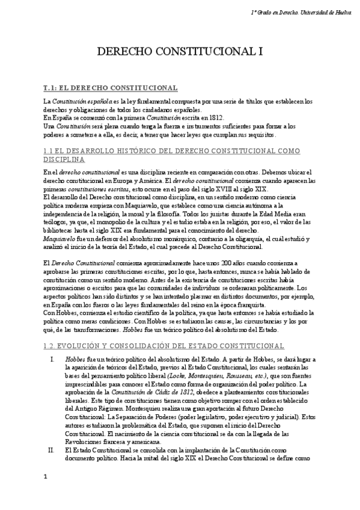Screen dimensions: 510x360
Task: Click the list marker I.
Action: point(53,358)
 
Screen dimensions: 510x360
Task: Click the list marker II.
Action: point(52,449)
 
